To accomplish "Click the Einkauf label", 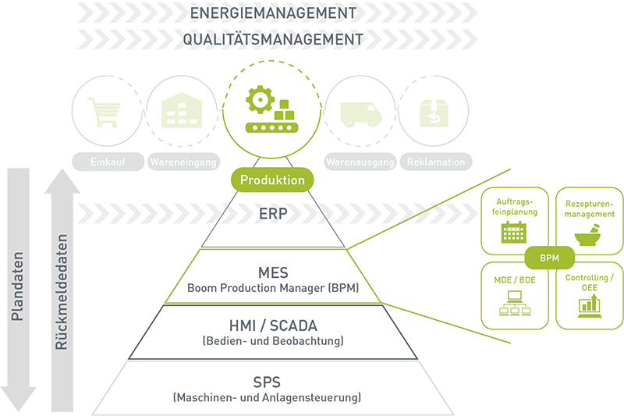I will coord(106,162).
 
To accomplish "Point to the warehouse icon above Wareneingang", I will coord(183,112).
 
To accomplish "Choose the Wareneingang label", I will coord(183,162).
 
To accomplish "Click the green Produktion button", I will coord(272,180).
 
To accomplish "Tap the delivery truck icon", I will coord(361,114).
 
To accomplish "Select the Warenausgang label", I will coord(361,162).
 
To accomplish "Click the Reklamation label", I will coord(436,162).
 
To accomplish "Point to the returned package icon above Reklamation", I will coord(436,113).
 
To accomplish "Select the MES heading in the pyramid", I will coord(272,272).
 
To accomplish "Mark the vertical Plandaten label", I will coord(17,286).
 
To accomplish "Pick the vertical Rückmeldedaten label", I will coord(62,293).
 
